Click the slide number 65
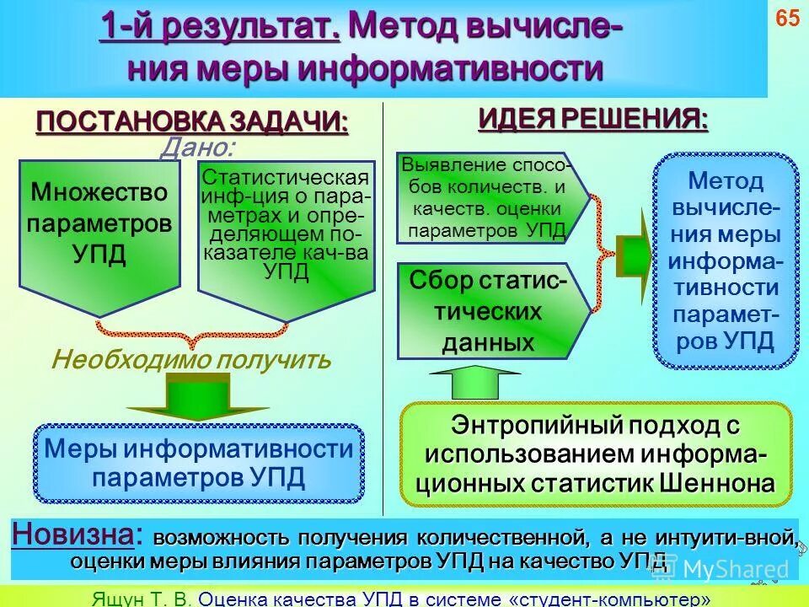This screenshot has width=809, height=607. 787,19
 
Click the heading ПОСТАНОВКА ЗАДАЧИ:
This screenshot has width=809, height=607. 191,121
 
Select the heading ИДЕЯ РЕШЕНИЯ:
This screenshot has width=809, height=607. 593,119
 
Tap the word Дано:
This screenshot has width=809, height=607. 198,149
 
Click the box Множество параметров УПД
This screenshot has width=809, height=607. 99,223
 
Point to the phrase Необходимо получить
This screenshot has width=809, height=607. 191,360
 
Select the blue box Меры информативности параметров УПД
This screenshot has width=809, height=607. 198,464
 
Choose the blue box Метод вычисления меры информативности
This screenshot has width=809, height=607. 726,261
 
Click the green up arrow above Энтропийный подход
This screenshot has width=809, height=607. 476,384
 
